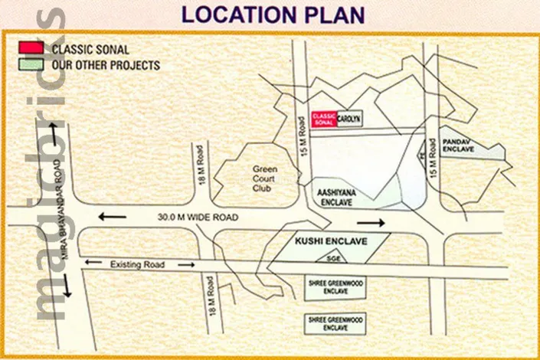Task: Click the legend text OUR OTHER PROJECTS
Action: pos(106,65)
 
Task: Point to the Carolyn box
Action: pos(349,118)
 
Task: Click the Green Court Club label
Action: pos(265,175)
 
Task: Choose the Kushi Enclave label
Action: pos(332,241)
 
